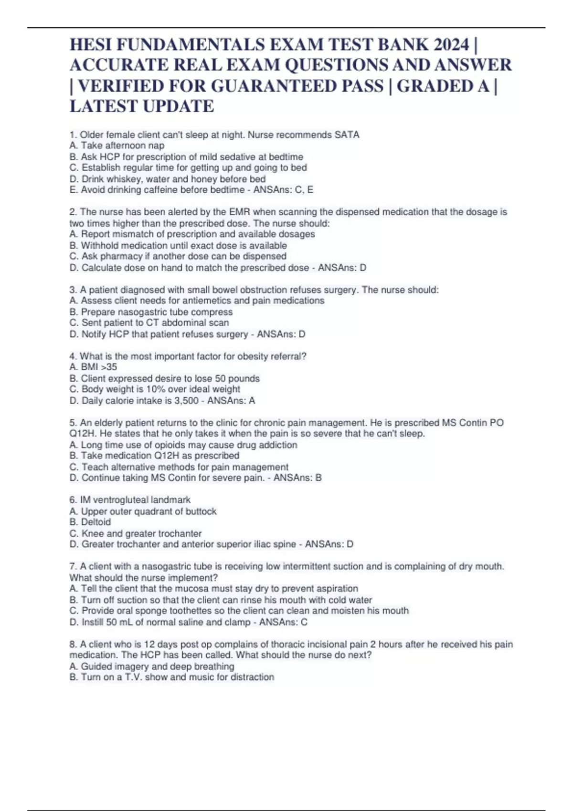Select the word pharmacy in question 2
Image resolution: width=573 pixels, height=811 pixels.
click(x=117, y=256)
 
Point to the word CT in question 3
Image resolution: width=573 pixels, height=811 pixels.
click(x=153, y=323)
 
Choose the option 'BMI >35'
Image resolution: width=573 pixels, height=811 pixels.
click(x=93, y=367)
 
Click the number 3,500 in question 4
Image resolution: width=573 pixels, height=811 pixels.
click(x=186, y=401)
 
